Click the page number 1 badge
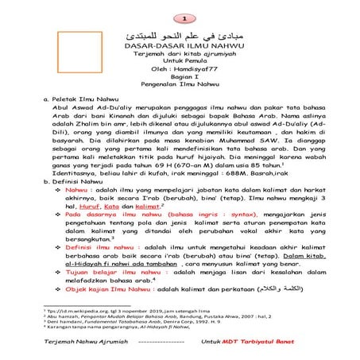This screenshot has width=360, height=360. (x=184, y=17)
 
